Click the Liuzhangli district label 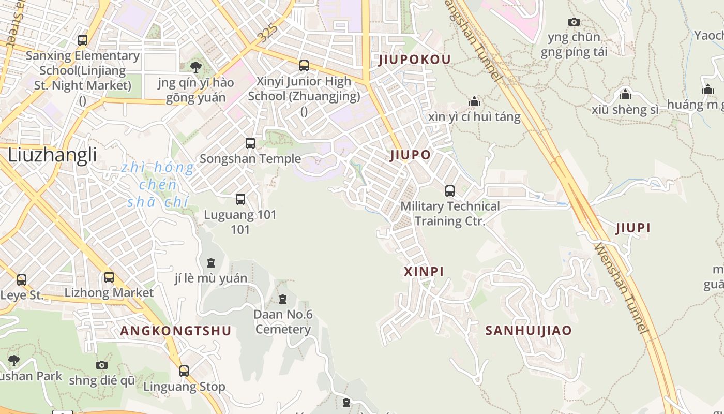point(52,155)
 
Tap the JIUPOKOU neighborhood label point(415,60)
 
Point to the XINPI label point(424,272)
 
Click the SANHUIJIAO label point(529,331)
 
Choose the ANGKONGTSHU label point(175,331)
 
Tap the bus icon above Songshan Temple point(250,143)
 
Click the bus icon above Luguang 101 point(240,199)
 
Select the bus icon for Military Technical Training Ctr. point(450,191)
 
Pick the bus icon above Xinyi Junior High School point(304,66)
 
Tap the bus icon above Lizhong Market point(109,277)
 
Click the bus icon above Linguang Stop point(184,371)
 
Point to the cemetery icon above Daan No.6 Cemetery point(283,299)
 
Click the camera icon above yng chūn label point(574,22)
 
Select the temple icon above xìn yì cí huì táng point(474,101)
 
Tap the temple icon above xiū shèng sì point(625,95)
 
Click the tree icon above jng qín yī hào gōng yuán point(196,67)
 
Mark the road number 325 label point(268,34)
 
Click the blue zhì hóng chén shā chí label point(158,185)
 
